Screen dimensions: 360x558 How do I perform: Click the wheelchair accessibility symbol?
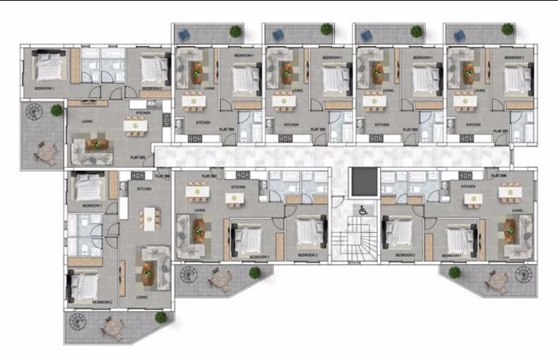point(363,210)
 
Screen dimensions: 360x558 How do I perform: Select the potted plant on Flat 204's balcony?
point(235,32)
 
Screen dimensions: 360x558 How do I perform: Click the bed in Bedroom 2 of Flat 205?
point(151,70)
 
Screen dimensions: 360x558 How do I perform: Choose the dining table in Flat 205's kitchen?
point(132,123)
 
